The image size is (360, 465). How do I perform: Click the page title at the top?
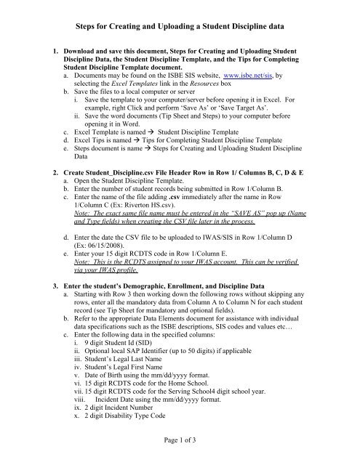pos(180,26)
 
